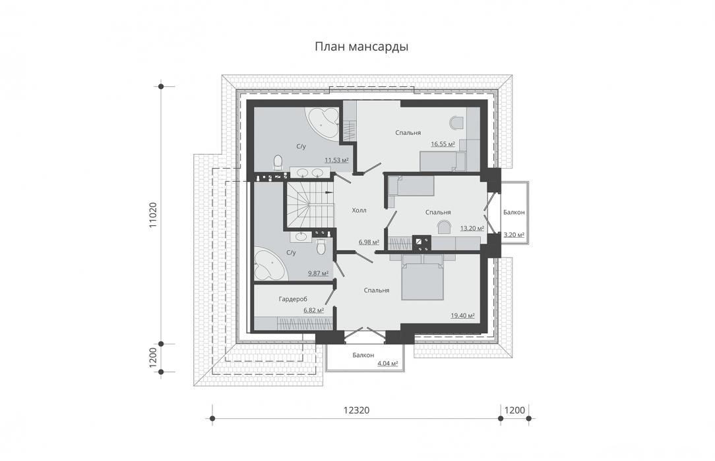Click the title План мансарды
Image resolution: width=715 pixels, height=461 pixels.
361,47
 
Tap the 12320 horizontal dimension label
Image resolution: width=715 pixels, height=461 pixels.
356,410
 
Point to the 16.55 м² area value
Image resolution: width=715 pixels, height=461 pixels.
443,144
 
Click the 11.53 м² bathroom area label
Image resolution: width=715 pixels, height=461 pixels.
336,160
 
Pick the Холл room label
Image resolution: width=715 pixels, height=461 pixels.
359,210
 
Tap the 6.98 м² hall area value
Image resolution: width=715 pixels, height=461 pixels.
369,242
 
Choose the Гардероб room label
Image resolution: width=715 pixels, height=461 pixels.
293,299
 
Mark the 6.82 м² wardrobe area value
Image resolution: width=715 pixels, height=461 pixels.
314,310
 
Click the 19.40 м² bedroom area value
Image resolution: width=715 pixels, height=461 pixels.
463,315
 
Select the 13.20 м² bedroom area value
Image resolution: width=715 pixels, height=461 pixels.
472,229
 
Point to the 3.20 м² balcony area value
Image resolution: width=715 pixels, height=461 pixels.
514,235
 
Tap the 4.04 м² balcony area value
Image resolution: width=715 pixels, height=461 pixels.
388,364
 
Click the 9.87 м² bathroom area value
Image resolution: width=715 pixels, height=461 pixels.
319,273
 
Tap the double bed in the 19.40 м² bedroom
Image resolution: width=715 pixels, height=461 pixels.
422,277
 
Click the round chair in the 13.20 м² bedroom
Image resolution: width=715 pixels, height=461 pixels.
444,227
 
